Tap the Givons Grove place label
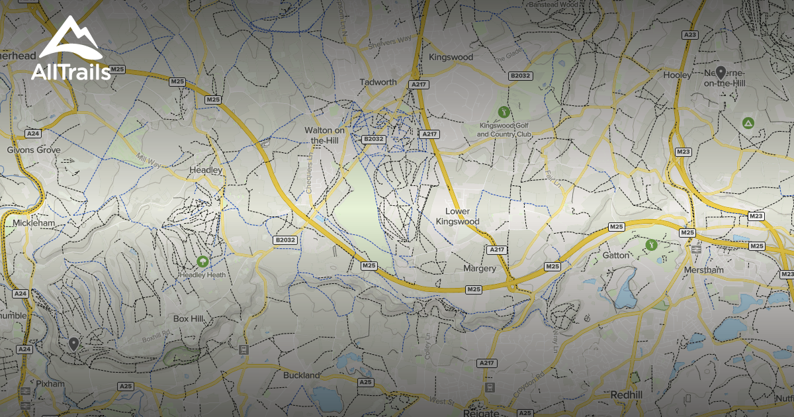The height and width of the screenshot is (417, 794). tap(34, 150)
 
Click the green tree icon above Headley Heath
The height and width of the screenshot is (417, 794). tap(201, 262)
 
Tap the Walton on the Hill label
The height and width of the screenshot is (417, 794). tap(325, 135)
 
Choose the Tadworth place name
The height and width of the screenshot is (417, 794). tap(378, 82)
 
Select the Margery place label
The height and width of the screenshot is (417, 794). tap(480, 269)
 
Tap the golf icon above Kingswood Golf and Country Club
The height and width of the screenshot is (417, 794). tap(504, 111)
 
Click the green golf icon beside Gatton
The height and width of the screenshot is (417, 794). tap(651, 244)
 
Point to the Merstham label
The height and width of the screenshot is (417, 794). tap(705, 270)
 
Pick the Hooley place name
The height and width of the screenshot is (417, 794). tap(677, 75)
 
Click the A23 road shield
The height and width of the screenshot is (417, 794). tap(691, 34)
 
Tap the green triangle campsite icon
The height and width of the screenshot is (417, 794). tap(748, 122)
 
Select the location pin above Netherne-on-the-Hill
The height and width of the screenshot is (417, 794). tap(721, 73)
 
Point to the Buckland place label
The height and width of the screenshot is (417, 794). tap(301, 375)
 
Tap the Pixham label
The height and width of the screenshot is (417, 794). tap(51, 384)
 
